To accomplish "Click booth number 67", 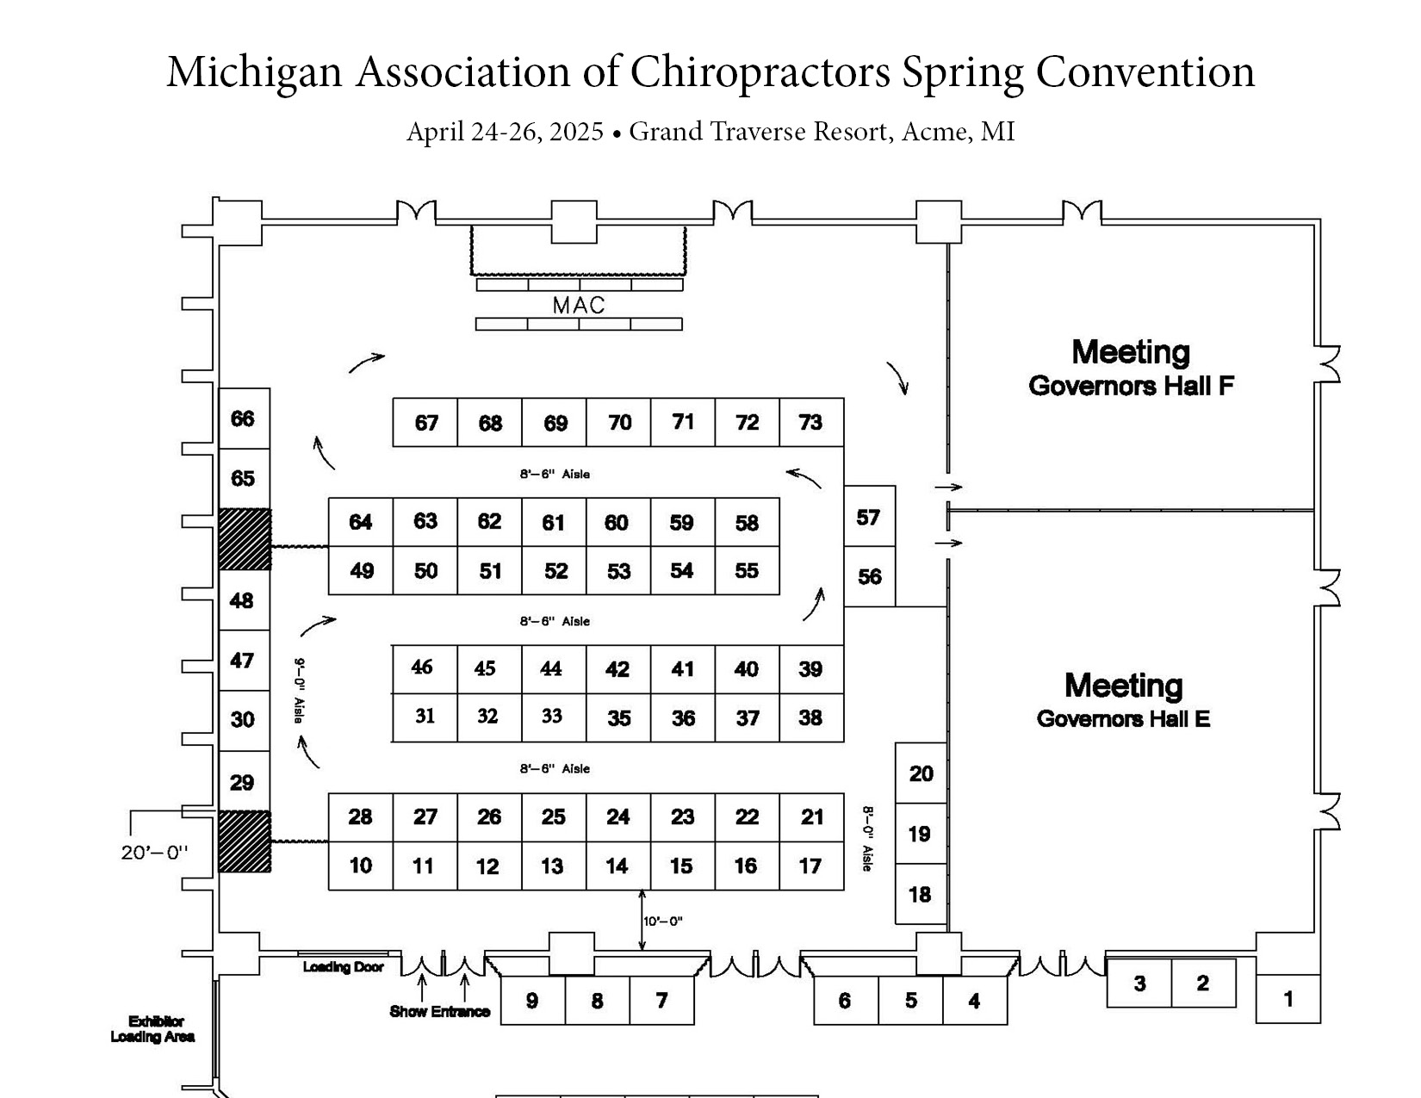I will click(x=425, y=423).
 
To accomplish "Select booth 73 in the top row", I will click(x=810, y=422).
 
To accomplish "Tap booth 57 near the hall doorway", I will click(x=868, y=517).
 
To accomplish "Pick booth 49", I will click(x=361, y=571).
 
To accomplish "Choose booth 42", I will click(x=617, y=669).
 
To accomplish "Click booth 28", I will click(x=360, y=816).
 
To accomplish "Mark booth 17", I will click(x=810, y=866).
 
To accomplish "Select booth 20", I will click(x=921, y=773).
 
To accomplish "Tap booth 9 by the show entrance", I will click(x=531, y=1001).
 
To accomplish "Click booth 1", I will click(x=1288, y=999).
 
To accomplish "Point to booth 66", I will click(x=243, y=419).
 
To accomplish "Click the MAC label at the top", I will click(x=579, y=306).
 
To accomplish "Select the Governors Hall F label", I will click(x=1131, y=385).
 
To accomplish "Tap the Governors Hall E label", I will click(x=1123, y=718).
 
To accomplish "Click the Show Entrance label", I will click(x=439, y=1012).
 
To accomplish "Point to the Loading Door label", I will click(x=343, y=967).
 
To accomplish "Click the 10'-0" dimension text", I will click(x=663, y=921).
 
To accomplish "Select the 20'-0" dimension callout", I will click(x=154, y=853).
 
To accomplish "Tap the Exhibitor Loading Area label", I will click(x=152, y=1029).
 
